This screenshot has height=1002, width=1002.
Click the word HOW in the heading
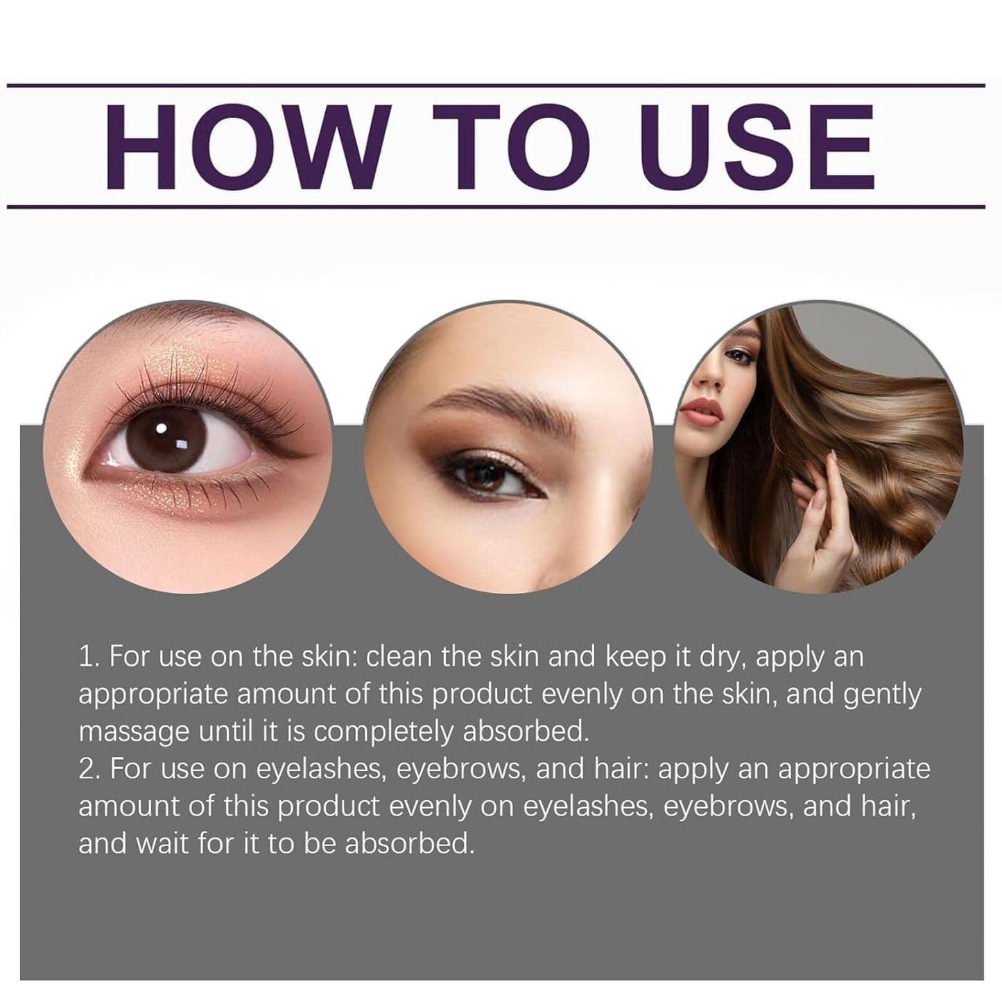[248, 146]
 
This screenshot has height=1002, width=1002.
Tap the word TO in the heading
[511, 146]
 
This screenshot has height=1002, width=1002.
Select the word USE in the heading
[757, 146]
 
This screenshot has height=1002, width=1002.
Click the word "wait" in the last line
[162, 843]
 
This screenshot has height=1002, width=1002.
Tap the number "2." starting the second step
[90, 768]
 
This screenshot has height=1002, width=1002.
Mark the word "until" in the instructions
[228, 731]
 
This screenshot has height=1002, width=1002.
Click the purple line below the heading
[496, 207]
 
